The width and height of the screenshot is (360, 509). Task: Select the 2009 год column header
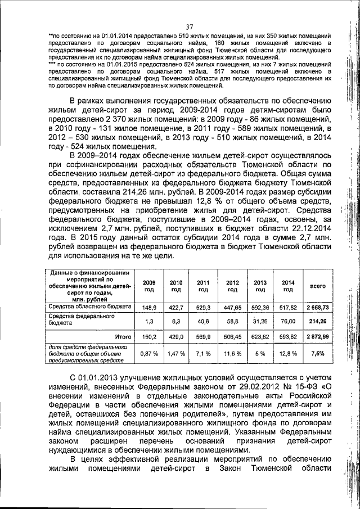pos(149,286)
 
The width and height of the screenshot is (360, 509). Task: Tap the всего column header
pos(318,286)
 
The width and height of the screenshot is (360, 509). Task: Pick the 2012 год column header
pos(232,286)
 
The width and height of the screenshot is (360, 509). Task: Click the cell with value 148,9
pos(149,308)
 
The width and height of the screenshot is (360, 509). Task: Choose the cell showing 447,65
pos(232,308)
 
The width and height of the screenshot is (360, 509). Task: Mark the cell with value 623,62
pos(260,336)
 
